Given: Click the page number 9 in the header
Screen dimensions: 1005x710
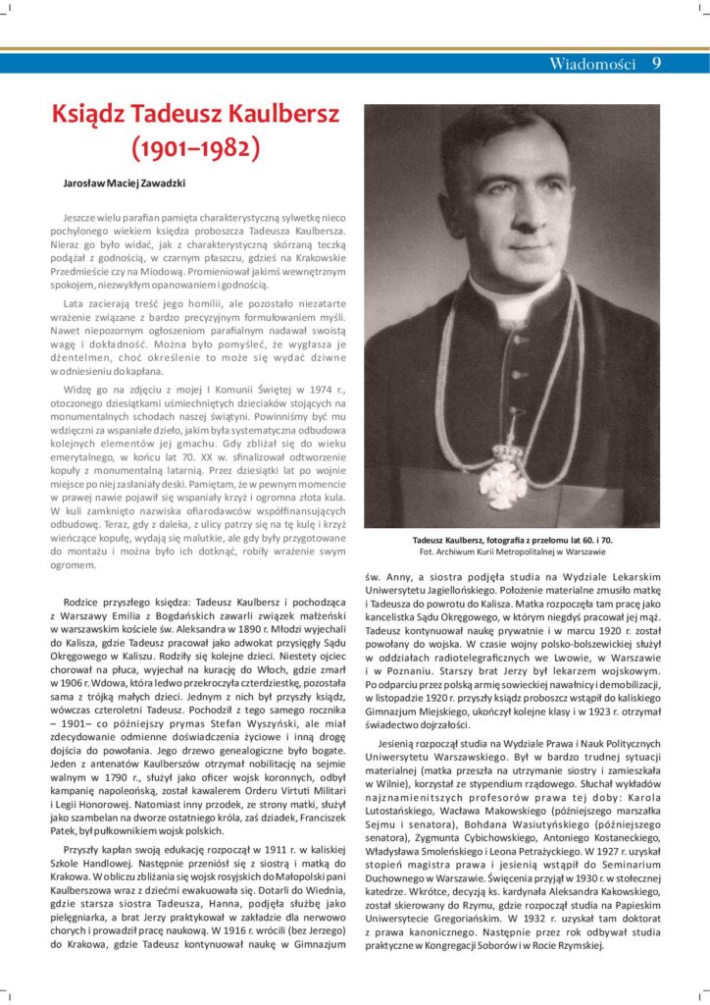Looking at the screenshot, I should (656, 64).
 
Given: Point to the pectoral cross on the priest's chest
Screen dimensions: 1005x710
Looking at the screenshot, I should (503, 480).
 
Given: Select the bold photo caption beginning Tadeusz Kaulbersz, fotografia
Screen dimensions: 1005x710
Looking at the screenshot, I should (512, 541).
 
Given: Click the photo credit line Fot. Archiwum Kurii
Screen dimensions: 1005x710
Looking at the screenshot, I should (512, 553).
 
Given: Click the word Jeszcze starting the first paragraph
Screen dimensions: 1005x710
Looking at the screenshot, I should (80, 213).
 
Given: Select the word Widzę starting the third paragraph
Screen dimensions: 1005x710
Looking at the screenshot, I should (80, 390).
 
